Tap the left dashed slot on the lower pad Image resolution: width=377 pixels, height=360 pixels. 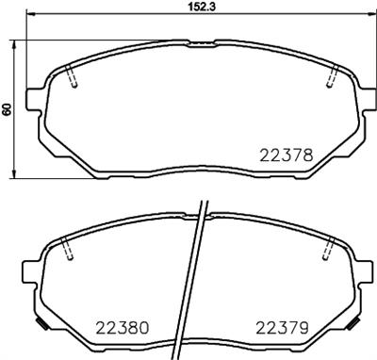[64, 250]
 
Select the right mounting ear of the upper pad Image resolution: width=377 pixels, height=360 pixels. [364, 98]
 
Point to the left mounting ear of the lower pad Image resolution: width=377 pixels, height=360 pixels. [33, 272]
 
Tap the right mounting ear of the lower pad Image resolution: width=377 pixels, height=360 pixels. [362, 272]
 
